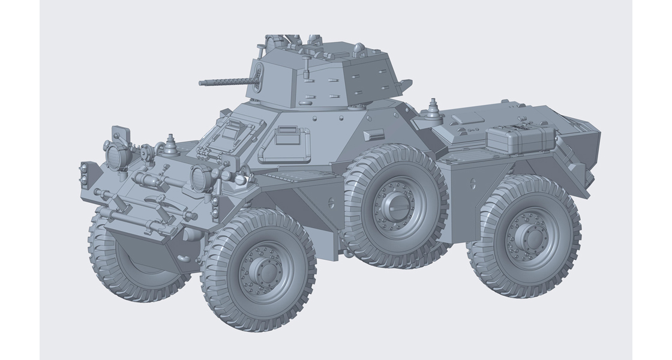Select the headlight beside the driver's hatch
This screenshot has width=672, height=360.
pos(199,176)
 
